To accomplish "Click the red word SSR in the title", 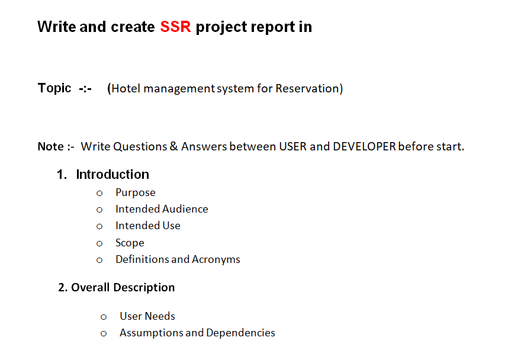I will pyautogui.click(x=175, y=27).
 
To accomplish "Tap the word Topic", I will pyautogui.click(x=54, y=88).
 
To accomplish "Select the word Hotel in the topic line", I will pyautogui.click(x=126, y=89).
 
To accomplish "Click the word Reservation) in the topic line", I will pyautogui.click(x=309, y=89).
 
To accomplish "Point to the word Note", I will pyautogui.click(x=51, y=146).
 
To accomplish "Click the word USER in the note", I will pyautogui.click(x=293, y=146).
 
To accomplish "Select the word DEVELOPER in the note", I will pyautogui.click(x=364, y=146).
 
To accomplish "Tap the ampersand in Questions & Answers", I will pyautogui.click(x=173, y=146).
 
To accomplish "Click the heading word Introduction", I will pyautogui.click(x=112, y=175).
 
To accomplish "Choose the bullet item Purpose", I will pyautogui.click(x=136, y=192).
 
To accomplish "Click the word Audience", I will pyautogui.click(x=185, y=209).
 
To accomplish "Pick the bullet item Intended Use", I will pyautogui.click(x=148, y=226).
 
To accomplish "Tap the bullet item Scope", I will pyautogui.click(x=130, y=243).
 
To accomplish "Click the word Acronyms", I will pyautogui.click(x=216, y=259).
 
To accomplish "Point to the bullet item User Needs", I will pyautogui.click(x=147, y=316).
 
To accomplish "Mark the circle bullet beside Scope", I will pyautogui.click(x=99, y=243).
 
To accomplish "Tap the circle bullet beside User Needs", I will pyautogui.click(x=104, y=317).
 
